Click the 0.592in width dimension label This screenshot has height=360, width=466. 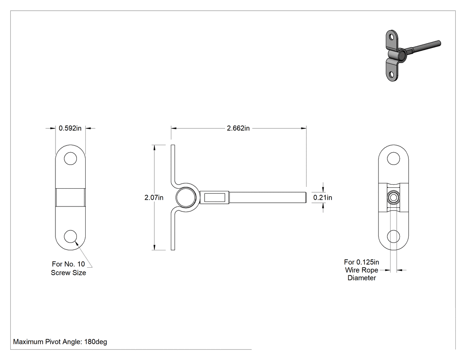(x=70, y=128)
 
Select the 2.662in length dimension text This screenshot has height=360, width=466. (x=238, y=128)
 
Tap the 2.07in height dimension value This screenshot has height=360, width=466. (x=154, y=198)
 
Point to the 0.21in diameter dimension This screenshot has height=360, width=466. (x=323, y=198)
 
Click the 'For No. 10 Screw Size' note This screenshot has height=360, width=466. (x=68, y=268)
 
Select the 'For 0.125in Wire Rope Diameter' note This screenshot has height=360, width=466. (x=362, y=270)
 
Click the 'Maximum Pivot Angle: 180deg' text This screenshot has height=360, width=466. (x=60, y=341)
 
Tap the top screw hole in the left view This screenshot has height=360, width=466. (x=71, y=158)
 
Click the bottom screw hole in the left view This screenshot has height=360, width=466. (x=71, y=237)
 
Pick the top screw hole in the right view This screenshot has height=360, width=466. (x=394, y=158)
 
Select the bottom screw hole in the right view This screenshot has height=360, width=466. (x=394, y=237)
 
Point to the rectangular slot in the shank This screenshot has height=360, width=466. (x=214, y=198)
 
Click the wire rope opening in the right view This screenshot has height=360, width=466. (x=394, y=198)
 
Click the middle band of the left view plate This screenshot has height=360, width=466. (x=71, y=198)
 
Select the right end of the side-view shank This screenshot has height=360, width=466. (x=306, y=198)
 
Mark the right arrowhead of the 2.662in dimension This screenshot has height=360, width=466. (x=304, y=128)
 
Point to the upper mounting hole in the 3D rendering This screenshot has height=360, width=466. (x=392, y=37)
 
